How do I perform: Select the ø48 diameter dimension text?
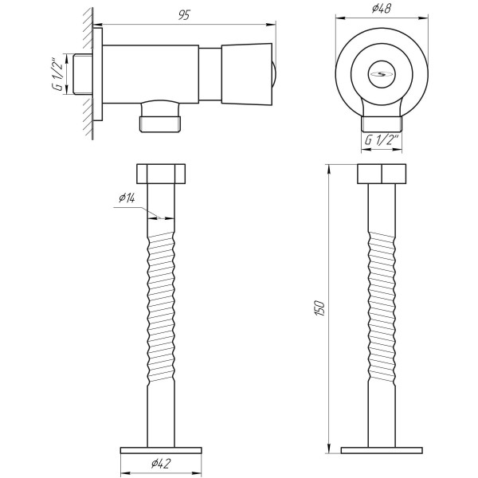click(x=380, y=9)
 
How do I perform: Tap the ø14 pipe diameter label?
click(x=127, y=198)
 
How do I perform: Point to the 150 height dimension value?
click(x=319, y=308)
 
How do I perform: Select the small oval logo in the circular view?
click(x=379, y=75)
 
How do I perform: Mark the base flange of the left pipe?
click(x=161, y=449)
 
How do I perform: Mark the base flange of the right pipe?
click(x=382, y=449)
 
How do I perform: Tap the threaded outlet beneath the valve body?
click(x=162, y=122)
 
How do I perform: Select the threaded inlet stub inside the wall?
click(x=82, y=75)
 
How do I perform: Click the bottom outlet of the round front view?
click(x=381, y=122)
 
